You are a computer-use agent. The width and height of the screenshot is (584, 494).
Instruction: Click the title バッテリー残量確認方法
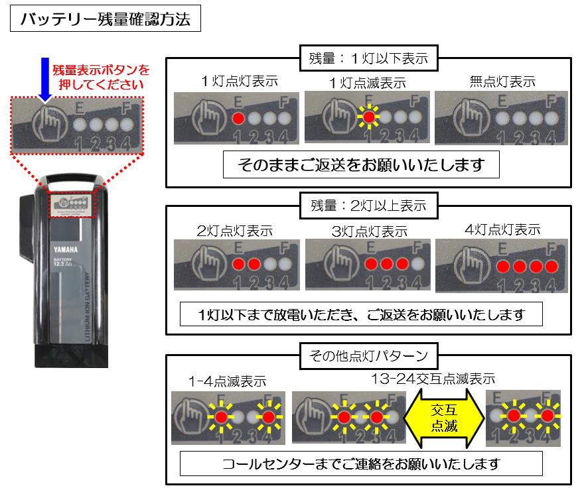[105, 19]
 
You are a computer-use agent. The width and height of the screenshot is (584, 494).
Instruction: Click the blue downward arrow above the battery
[44, 78]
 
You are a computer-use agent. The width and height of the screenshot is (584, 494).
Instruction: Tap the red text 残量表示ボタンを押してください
[102, 77]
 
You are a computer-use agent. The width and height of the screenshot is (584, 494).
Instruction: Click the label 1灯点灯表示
[239, 82]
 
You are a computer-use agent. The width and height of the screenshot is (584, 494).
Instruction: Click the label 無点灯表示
[502, 82]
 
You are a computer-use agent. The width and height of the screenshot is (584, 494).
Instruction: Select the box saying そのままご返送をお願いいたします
[360, 165]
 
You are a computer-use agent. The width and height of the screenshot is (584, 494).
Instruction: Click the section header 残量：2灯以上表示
[368, 205]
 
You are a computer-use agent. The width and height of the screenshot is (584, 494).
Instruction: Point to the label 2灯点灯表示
[234, 231]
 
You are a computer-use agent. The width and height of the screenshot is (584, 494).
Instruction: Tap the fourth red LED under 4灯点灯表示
[550, 267]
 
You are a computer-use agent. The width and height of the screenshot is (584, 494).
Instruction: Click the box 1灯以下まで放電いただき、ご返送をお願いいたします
[361, 314]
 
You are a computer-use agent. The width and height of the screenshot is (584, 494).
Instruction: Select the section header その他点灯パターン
[368, 356]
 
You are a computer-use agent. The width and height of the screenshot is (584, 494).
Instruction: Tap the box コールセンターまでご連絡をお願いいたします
[361, 463]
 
